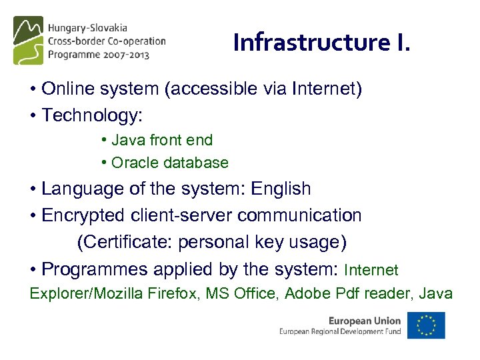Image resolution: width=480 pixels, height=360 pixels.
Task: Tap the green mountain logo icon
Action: pyautogui.click(x=28, y=39)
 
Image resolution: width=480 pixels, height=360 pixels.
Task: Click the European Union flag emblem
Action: pyautogui.click(x=426, y=325)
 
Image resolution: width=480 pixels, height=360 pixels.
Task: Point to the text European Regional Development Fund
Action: pyautogui.click(x=340, y=331)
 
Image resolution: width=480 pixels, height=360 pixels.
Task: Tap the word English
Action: pyautogui.click(x=281, y=189)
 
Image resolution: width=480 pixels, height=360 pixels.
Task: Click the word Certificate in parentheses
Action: pyautogui.click(x=124, y=242)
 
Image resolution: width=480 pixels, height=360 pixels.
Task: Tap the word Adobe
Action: pyautogui.click(x=305, y=293)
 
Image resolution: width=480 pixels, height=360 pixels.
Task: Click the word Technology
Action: pyautogui.click(x=91, y=115)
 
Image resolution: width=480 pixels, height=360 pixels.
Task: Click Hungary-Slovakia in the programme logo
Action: pyautogui.click(x=87, y=29)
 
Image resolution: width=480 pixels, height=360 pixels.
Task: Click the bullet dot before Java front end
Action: pyautogui.click(x=105, y=140)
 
